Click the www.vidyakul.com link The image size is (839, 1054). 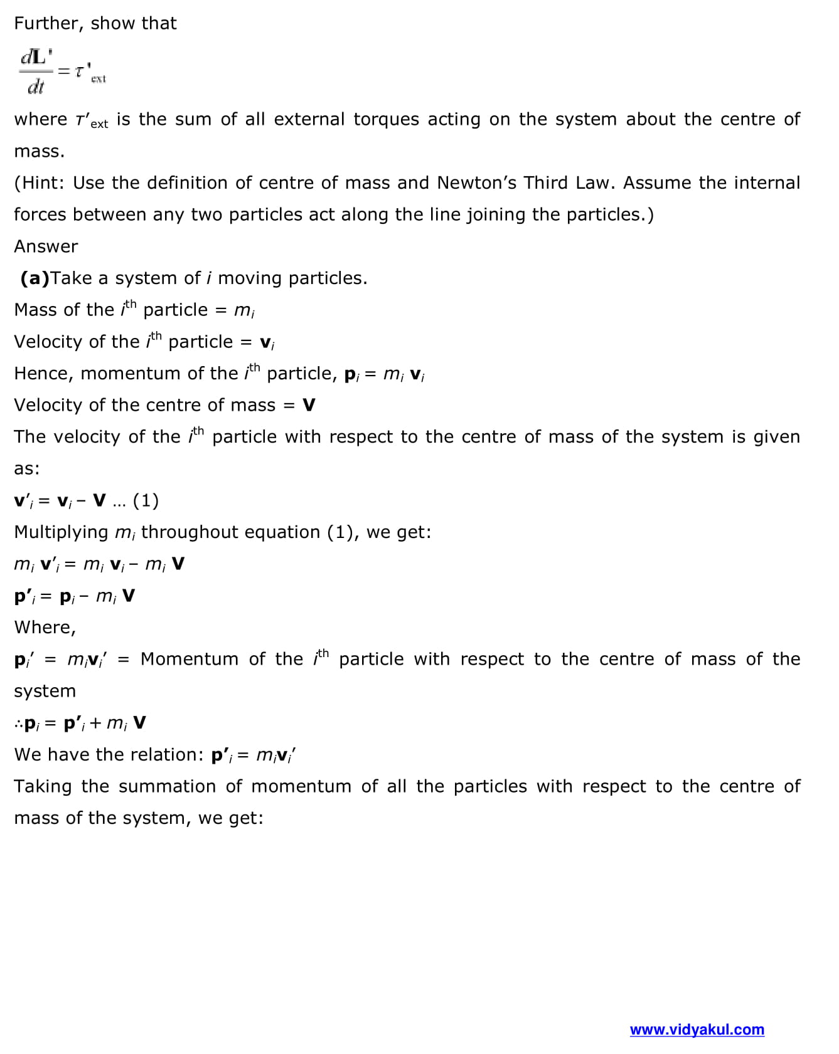[697, 1030]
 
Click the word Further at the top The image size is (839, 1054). [48, 24]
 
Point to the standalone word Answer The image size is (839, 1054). [46, 246]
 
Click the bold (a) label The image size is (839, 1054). [35, 278]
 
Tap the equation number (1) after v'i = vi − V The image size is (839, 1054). [146, 500]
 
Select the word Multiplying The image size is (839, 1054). [61, 532]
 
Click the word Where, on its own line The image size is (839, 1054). [45, 628]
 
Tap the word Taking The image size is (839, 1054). [43, 786]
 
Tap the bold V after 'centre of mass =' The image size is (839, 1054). [309, 405]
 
